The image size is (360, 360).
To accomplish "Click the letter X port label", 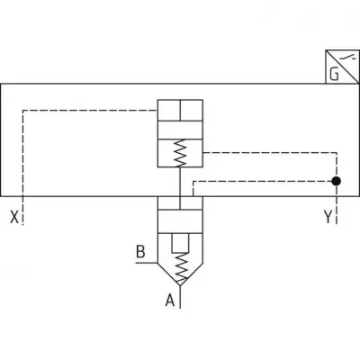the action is pos(14,217).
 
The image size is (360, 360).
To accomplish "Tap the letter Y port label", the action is pos(328,217).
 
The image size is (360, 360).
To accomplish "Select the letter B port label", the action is pos(140,252).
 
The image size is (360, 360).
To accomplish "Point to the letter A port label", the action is pos(170,300).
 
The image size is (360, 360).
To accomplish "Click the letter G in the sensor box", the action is pos(334,75).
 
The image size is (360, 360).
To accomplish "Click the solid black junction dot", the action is pos(337,181).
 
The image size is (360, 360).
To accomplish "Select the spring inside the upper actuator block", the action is pos(180,153).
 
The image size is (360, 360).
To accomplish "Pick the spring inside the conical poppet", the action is pos(181,266).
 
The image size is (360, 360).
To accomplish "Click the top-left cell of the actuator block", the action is pos(169,111).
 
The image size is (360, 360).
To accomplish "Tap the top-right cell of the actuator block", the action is pos(192,111).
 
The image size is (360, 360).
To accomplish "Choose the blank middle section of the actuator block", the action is pos(180,130).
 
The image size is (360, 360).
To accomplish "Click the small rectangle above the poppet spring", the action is pos(180,243).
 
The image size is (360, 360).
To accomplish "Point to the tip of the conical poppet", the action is pos(180,285).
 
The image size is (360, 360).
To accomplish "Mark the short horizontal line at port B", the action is pos(147,263).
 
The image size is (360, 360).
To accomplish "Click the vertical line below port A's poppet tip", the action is pos(180,297).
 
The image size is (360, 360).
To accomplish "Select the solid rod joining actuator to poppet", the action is pos(180,188).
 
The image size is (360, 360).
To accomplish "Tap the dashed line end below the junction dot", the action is pos(337,224).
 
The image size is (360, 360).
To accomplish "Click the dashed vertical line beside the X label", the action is pos(23,167).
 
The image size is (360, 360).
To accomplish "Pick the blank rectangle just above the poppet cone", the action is pos(180,221).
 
